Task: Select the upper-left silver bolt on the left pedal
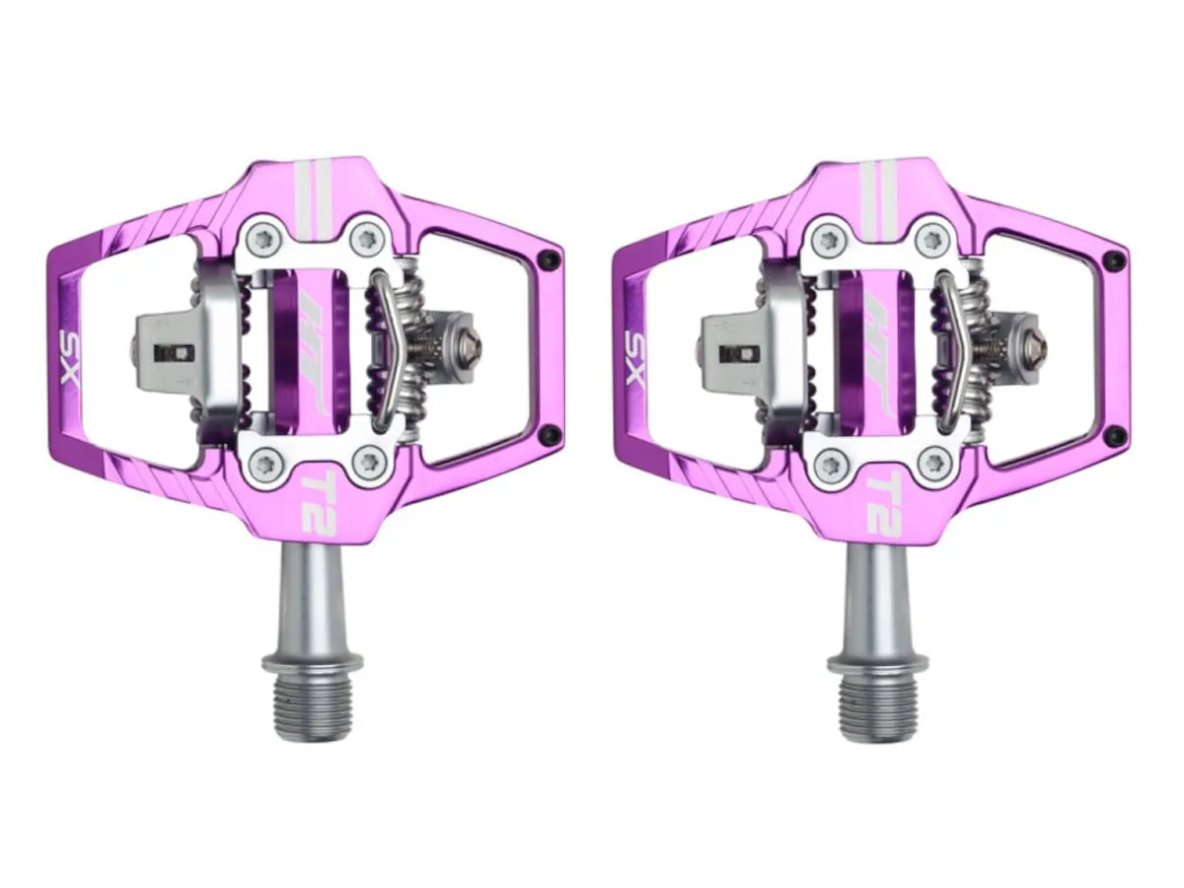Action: (x=262, y=237)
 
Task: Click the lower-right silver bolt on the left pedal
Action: (x=369, y=462)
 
